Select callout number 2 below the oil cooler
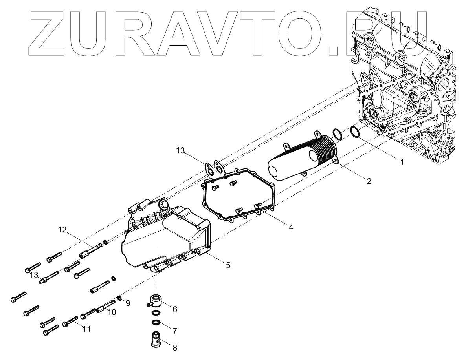tap(369, 181)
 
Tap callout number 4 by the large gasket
tap(290, 227)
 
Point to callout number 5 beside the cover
tap(227, 265)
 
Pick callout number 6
tap(174, 309)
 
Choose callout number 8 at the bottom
tap(174, 347)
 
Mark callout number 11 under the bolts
tap(86, 329)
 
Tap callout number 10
tap(112, 312)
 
